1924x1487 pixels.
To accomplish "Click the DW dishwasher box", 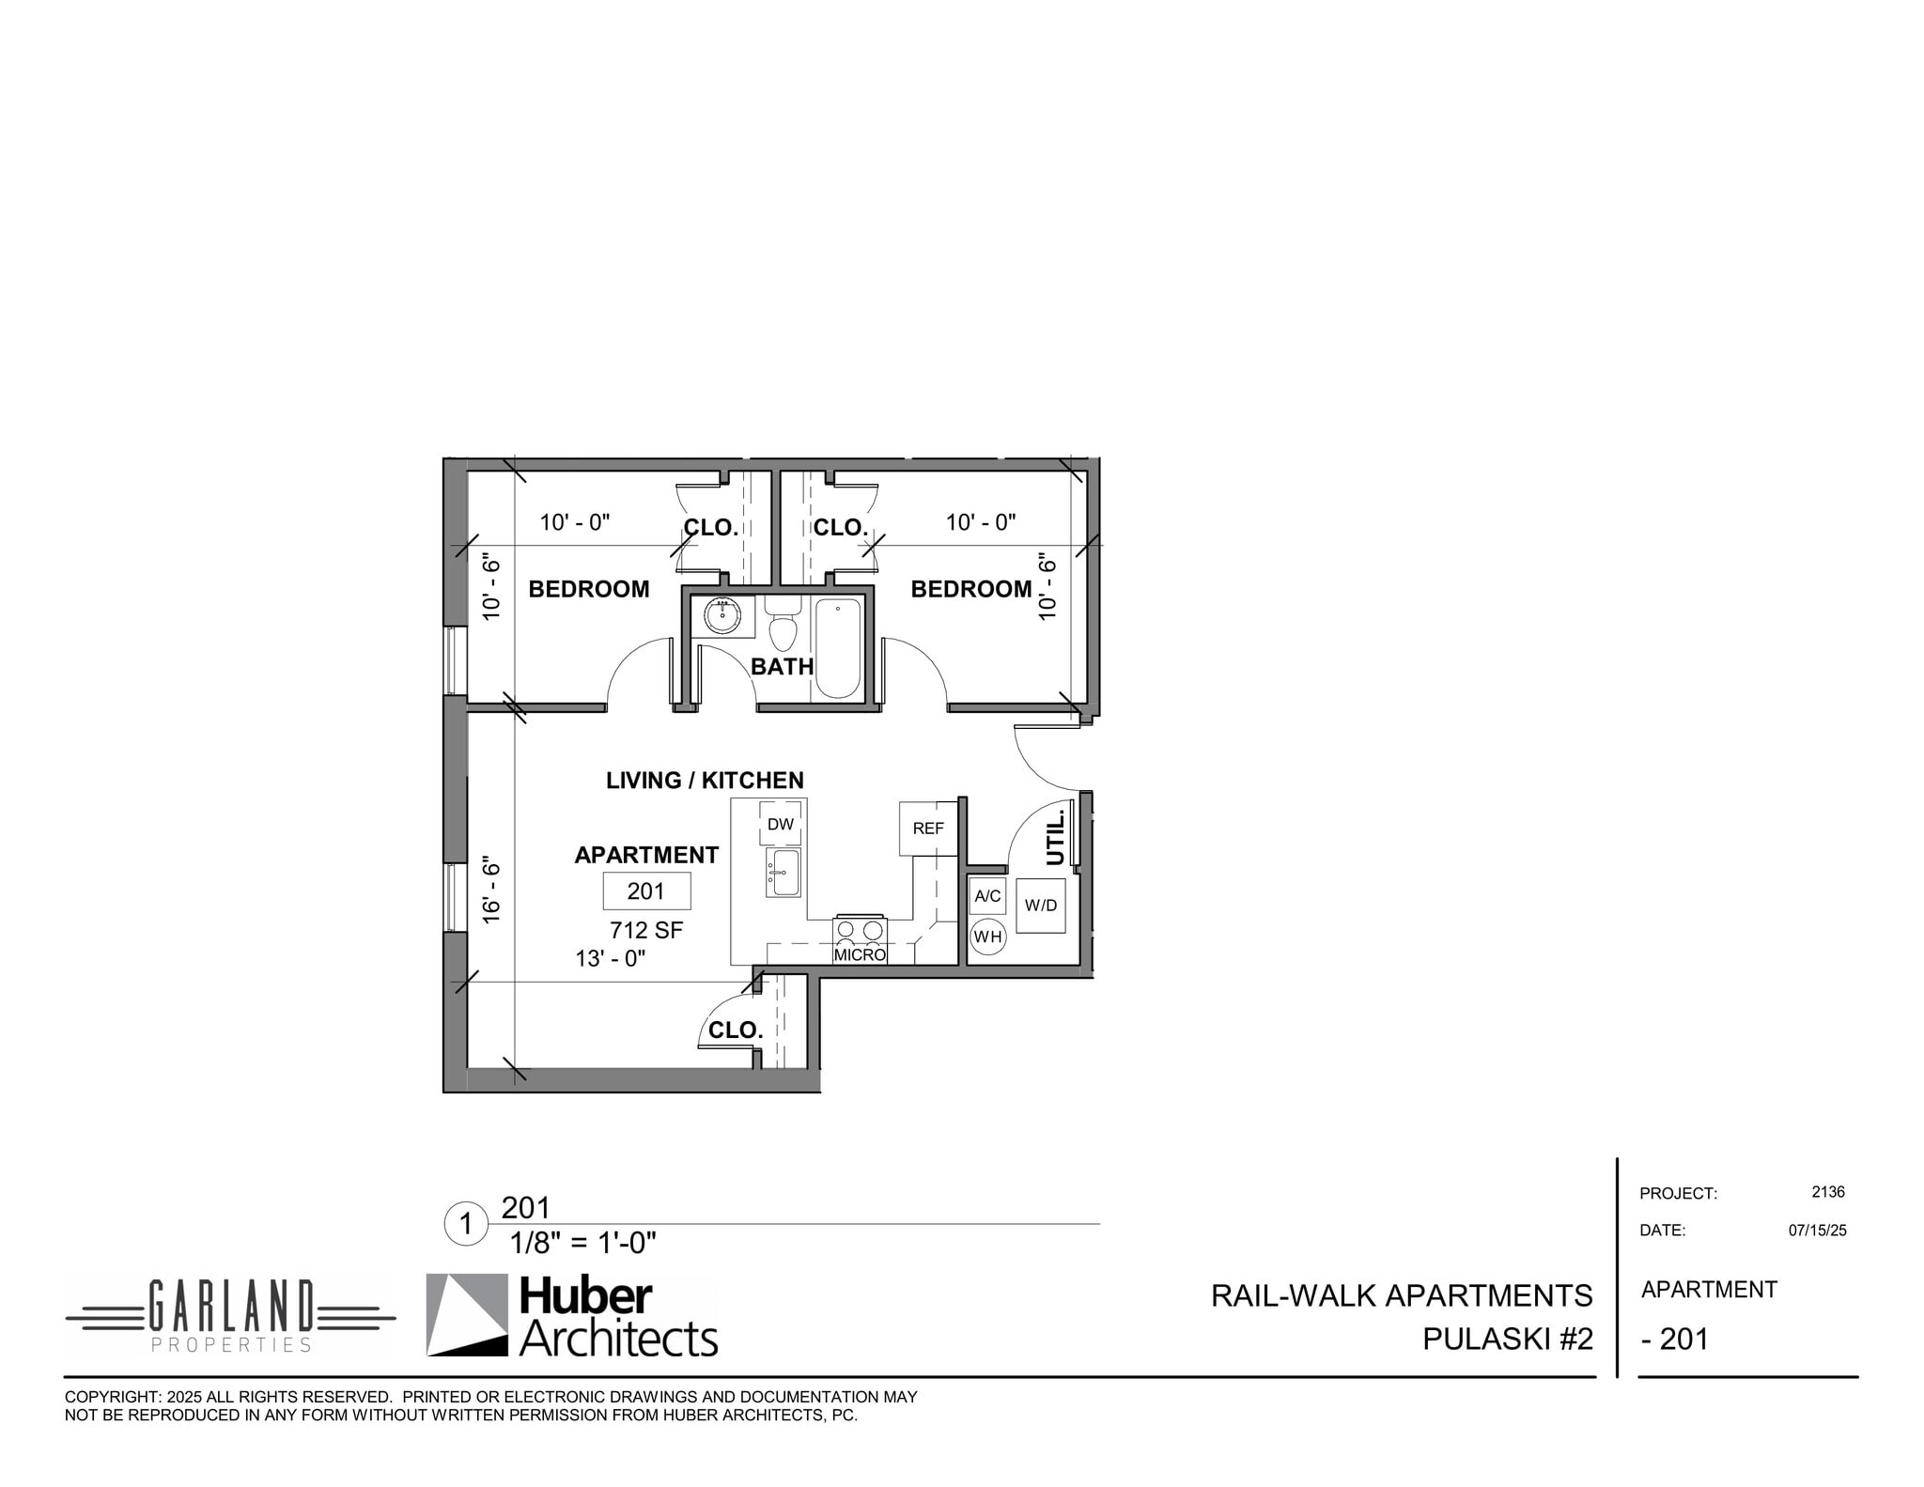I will tap(780, 824).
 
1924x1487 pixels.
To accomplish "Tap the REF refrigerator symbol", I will tap(927, 828).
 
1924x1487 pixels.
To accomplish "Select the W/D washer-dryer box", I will tap(1040, 906).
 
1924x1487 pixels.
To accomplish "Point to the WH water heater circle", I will tap(987, 937).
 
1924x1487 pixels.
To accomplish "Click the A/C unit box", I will tap(987, 895).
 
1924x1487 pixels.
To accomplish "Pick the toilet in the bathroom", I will tap(783, 628).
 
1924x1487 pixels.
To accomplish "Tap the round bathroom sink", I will tap(722, 616).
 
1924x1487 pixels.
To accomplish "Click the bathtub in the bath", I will tap(838, 648).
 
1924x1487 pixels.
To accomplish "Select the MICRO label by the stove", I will tap(860, 954).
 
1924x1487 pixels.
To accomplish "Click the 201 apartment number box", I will tap(646, 891).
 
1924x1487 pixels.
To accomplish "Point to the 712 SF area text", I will tap(646, 930).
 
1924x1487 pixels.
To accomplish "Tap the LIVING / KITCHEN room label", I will tap(705, 780).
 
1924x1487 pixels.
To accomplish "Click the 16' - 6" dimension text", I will tap(491, 889).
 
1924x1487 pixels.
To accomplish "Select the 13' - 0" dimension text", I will tap(611, 958).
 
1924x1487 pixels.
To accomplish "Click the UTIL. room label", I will tap(1055, 838).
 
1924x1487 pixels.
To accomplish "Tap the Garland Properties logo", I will tap(230, 1315).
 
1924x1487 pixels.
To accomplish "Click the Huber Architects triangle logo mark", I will tap(467, 1314).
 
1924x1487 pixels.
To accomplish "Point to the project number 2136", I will tap(1827, 1192).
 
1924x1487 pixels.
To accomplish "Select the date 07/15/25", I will tap(1817, 1231).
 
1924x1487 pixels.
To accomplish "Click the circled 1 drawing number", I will tap(465, 1224).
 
